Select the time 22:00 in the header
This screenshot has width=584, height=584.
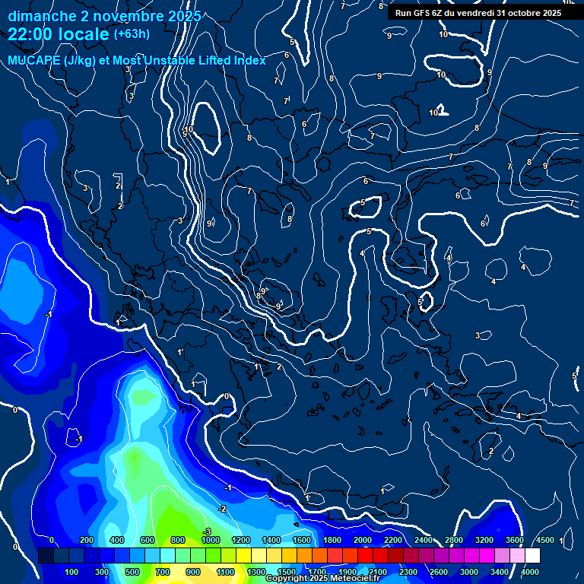click(34, 35)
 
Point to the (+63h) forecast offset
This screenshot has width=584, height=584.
click(132, 34)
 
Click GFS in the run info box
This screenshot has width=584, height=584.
click(424, 13)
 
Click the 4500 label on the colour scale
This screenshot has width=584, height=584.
click(545, 540)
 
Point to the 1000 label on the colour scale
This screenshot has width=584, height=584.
click(210, 540)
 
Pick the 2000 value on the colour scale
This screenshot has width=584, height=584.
click(363, 540)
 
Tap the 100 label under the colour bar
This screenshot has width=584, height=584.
click(72, 572)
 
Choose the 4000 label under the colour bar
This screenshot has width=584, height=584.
click(530, 572)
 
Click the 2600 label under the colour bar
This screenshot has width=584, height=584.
click(439, 572)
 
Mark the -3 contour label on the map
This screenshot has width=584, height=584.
click(206, 531)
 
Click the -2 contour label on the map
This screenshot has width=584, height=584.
click(222, 508)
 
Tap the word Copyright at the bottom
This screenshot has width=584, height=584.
click(287, 579)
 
